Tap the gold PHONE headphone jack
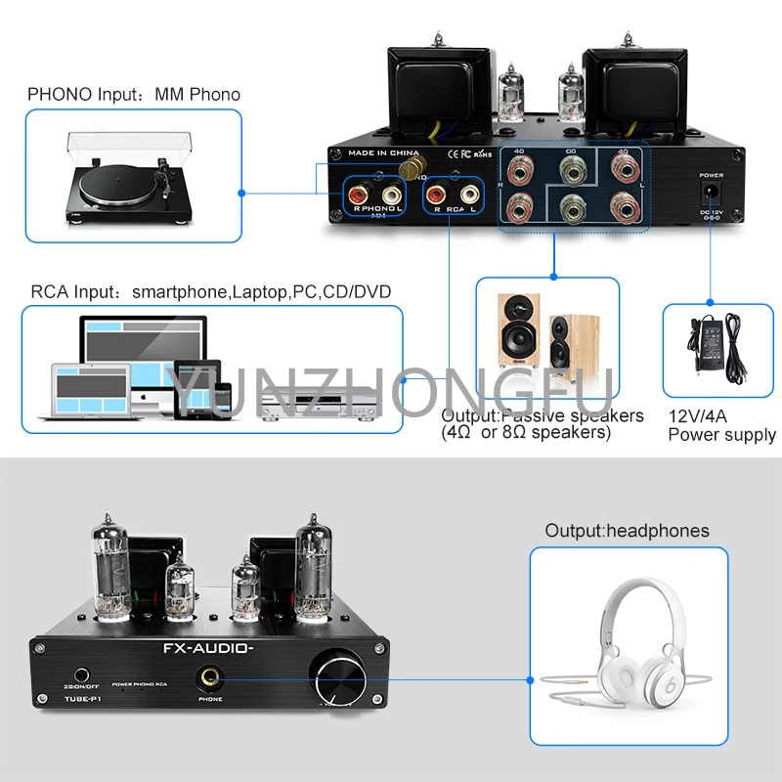click(x=210, y=675)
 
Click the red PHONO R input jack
click(x=357, y=195)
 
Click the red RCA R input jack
click(x=435, y=195)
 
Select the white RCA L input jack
click(x=470, y=195)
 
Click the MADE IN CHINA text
click(x=384, y=152)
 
